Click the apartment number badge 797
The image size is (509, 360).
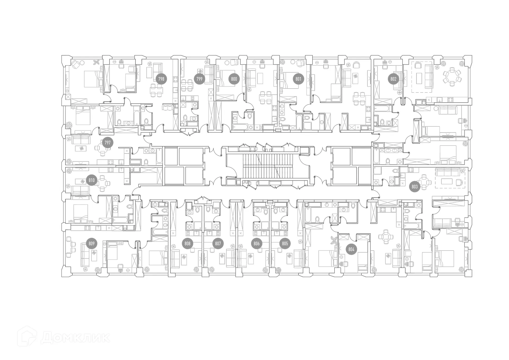[x=107, y=143]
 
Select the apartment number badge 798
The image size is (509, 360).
[x=161, y=79]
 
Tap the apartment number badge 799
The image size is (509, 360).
[x=199, y=79]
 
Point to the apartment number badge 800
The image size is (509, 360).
[x=234, y=79]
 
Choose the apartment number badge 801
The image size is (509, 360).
[x=298, y=79]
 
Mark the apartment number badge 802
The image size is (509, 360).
[x=393, y=79]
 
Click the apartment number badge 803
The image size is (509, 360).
[x=415, y=187]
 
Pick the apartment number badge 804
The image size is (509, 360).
[x=351, y=249]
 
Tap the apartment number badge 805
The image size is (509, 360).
[x=285, y=243]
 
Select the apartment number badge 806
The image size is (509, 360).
[x=256, y=243]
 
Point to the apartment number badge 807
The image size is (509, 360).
[x=218, y=243]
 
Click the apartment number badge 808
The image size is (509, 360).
[x=187, y=243]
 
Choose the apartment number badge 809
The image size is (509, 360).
[x=91, y=243]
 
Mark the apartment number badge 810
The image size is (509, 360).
[x=91, y=181]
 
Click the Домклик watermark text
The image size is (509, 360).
[x=76, y=337]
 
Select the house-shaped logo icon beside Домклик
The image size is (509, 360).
[x=27, y=336]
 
